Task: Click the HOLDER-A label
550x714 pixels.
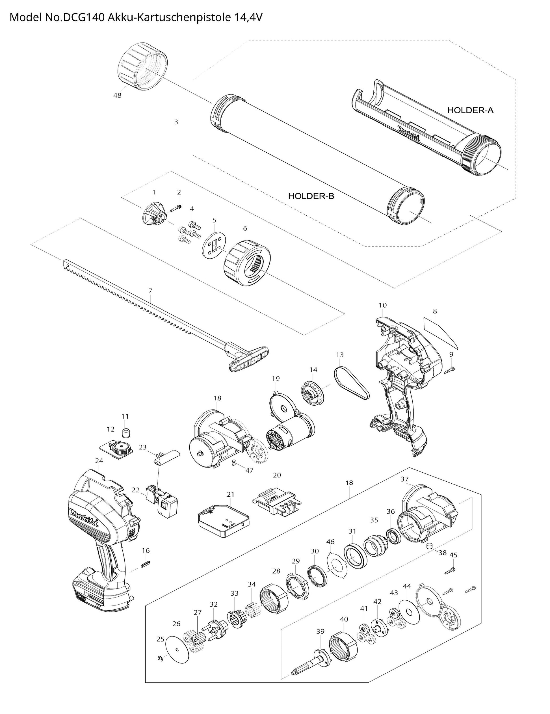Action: coord(470,111)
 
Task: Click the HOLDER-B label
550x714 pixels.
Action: coord(311,196)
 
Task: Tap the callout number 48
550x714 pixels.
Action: coord(117,96)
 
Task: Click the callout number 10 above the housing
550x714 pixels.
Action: coord(382,305)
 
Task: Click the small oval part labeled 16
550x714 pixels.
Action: coord(146,563)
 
